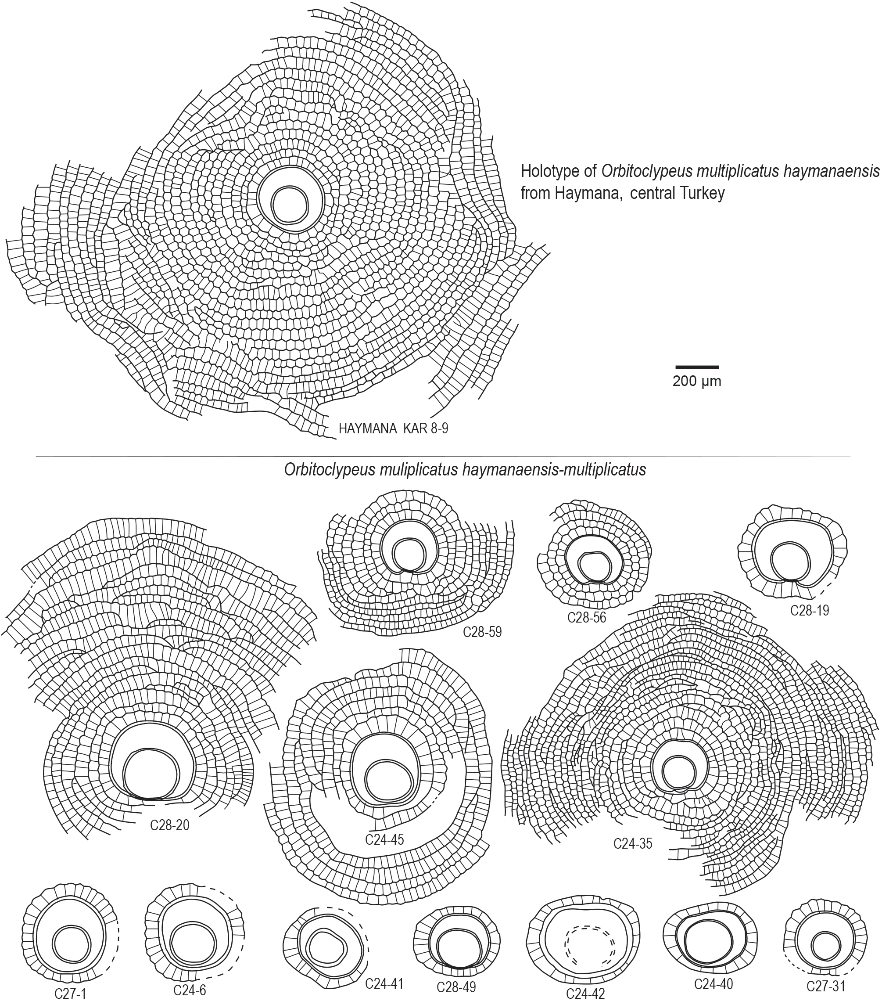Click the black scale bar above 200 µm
697,367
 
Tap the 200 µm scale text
696,382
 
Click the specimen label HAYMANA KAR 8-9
393,429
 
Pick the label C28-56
586,618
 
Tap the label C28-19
810,611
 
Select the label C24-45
384,839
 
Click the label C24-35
633,844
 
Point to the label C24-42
585,994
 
